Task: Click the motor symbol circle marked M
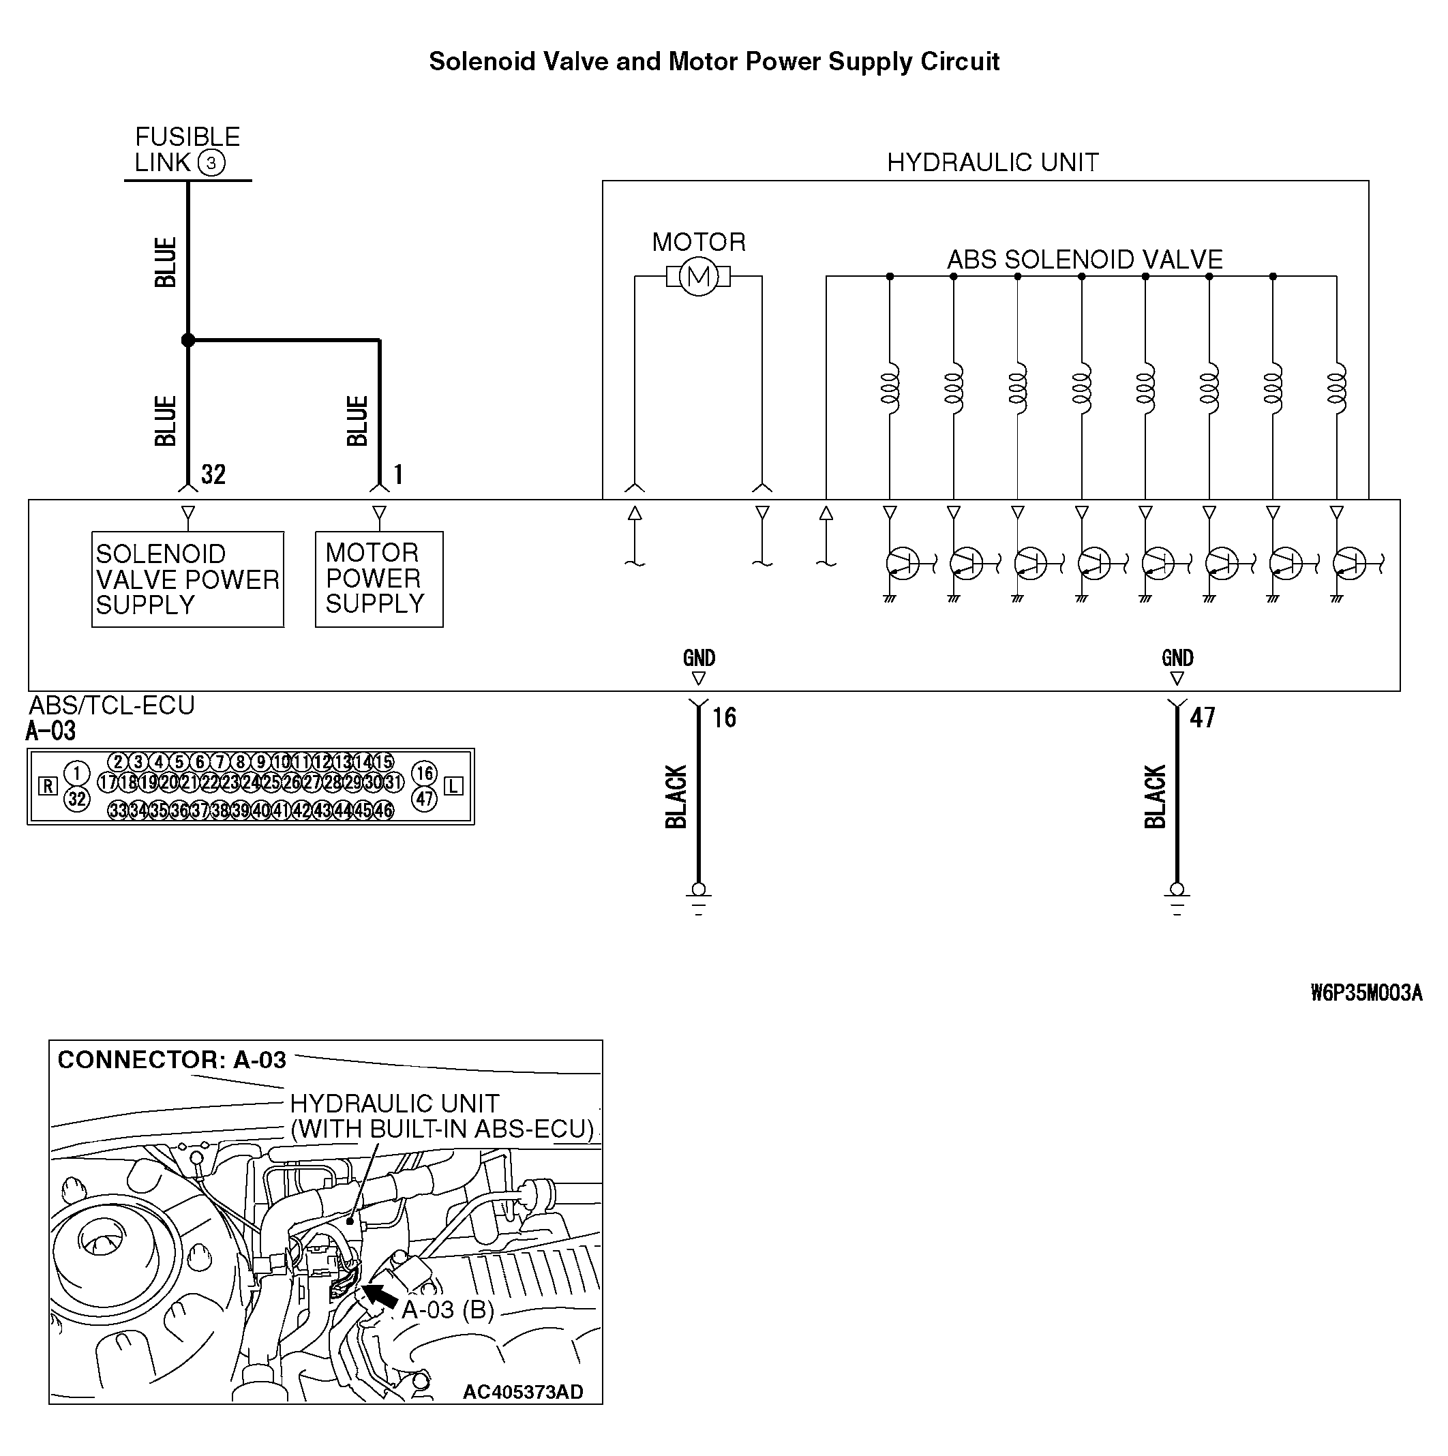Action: (x=698, y=277)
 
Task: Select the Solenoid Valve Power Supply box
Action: (x=187, y=579)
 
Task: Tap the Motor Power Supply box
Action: (x=379, y=579)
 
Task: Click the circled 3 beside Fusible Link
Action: (x=211, y=163)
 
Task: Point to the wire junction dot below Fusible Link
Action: (x=188, y=341)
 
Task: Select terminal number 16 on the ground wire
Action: (x=725, y=718)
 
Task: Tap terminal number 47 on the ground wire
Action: (x=1203, y=718)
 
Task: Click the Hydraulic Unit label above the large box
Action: (x=992, y=163)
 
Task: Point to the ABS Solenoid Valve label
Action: (x=1085, y=260)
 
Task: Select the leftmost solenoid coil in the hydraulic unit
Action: (x=890, y=389)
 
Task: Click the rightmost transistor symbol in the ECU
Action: (x=1350, y=564)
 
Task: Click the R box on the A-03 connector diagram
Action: (x=48, y=787)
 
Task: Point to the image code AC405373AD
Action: (x=523, y=1392)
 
